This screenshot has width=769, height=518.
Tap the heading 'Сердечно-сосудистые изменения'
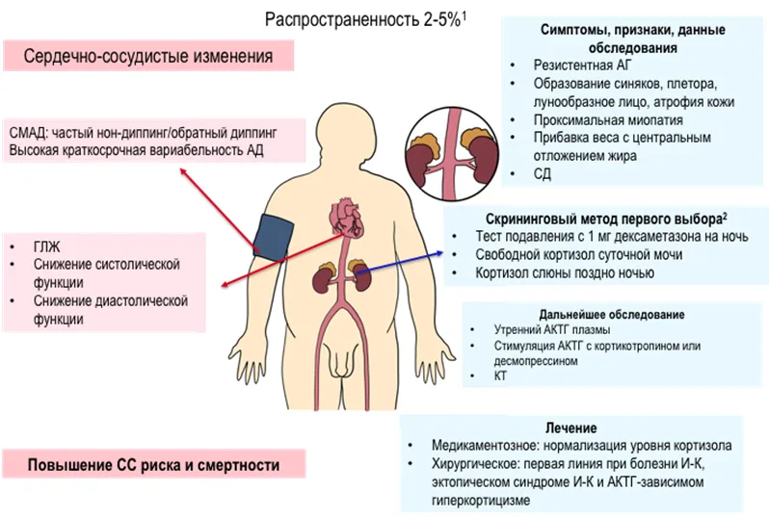coord(148,56)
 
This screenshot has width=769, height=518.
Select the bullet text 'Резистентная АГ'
coord(582,65)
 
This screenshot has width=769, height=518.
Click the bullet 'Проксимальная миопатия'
coord(608,120)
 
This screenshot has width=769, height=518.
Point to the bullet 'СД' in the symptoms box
coord(542,174)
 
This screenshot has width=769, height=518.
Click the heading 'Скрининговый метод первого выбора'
coord(606,219)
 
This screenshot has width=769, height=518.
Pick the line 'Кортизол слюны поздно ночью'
coord(565,273)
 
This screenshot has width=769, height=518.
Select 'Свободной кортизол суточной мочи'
coord(579,255)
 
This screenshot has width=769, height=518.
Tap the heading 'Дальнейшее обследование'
coord(612,315)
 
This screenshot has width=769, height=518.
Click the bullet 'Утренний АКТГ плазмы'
coord(552,330)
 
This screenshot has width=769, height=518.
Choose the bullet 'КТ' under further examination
coord(500,376)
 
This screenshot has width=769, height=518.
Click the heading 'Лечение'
coord(570,427)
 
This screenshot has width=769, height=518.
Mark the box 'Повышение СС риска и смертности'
coord(153,464)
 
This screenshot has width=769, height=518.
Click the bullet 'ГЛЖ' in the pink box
coord(46,246)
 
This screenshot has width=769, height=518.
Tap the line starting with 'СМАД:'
coord(143,133)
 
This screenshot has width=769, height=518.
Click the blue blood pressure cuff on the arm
coord(272,237)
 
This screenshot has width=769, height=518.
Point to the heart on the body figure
coord(346,218)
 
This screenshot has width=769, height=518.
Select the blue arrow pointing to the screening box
coord(399,262)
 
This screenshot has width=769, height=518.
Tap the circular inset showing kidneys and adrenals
coord(452,153)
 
